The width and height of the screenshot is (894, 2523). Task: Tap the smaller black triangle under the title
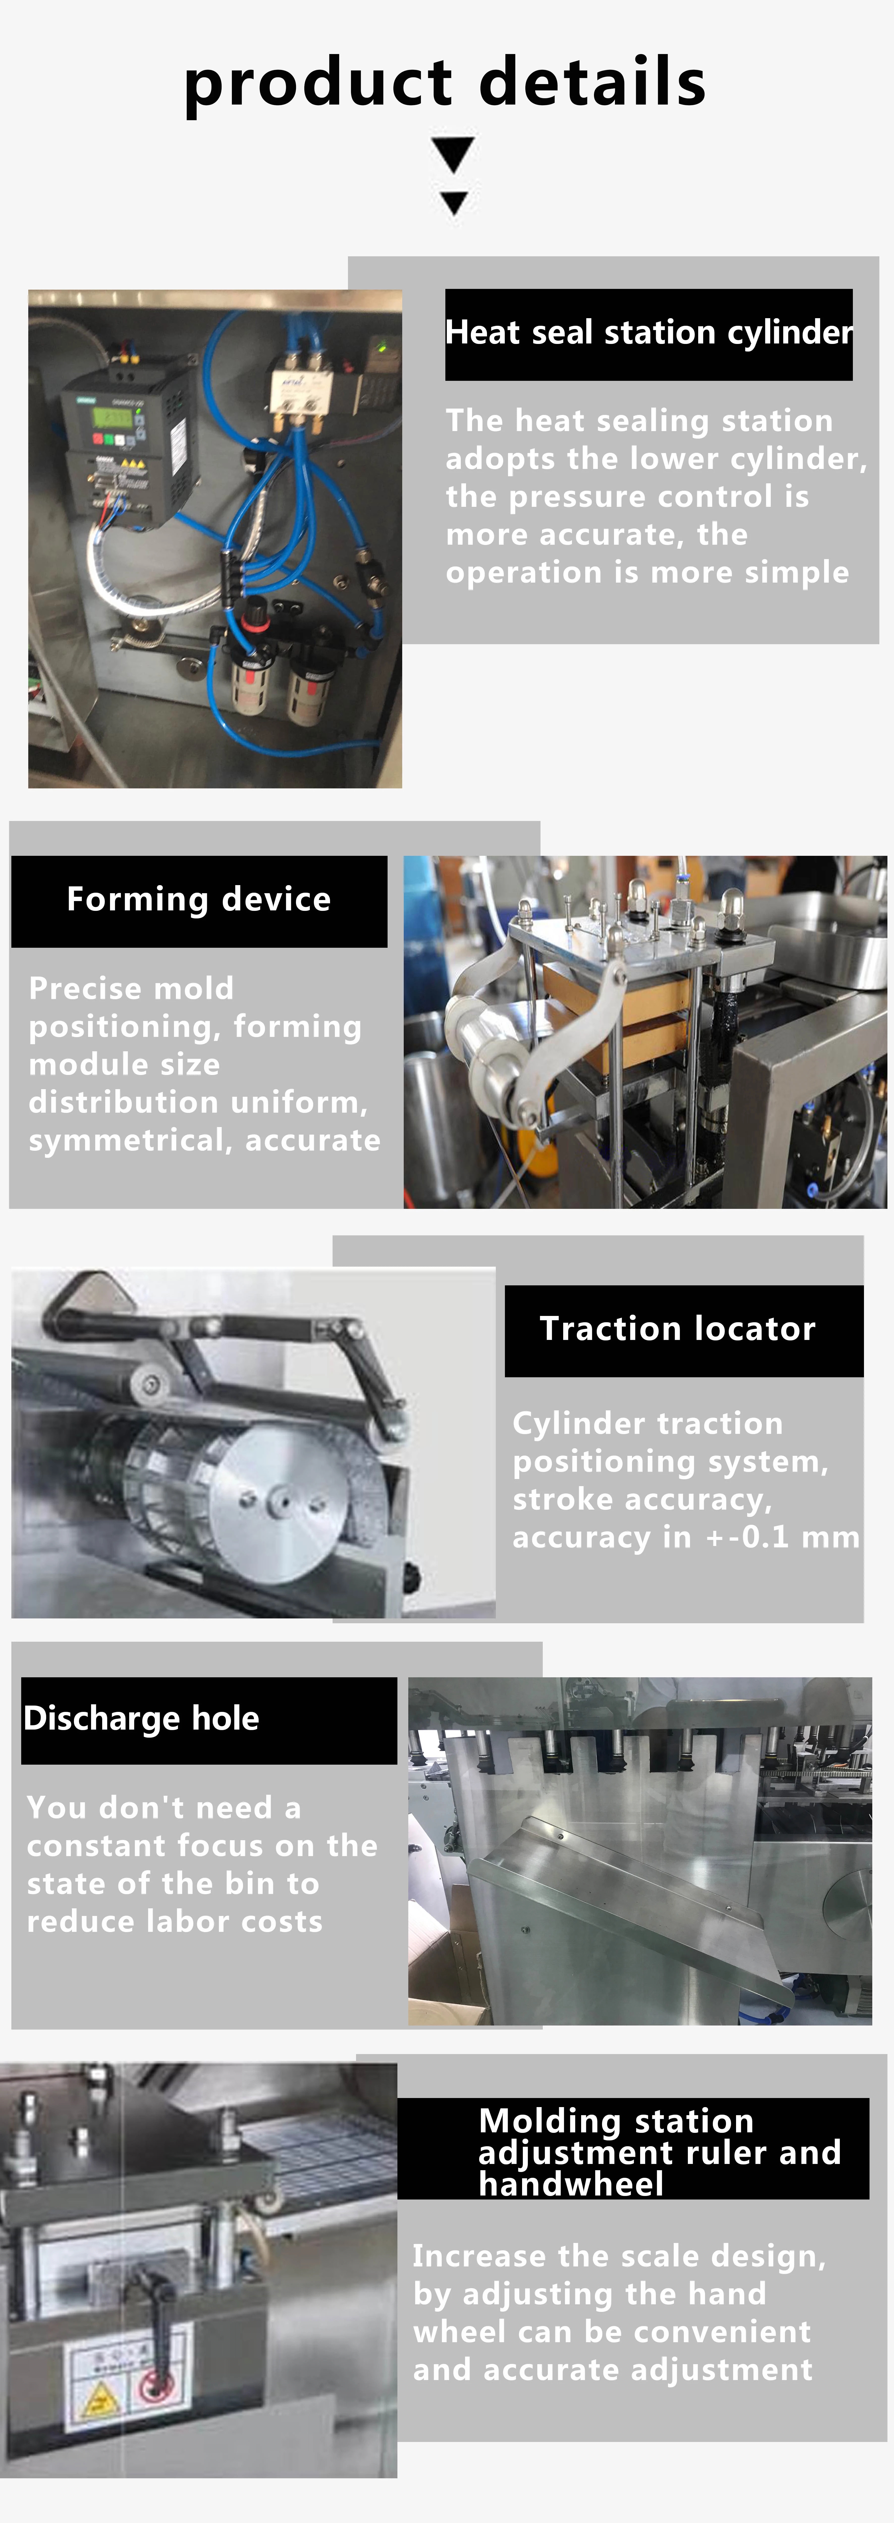pos(453,203)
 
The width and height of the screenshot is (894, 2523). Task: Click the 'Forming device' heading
pos(199,899)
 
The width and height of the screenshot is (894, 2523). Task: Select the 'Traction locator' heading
pos(678,1329)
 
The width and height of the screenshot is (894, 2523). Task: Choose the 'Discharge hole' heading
pos(141,1718)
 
